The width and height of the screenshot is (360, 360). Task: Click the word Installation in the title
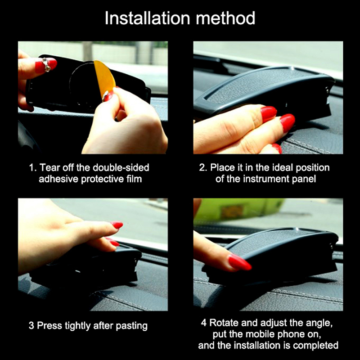[148, 18]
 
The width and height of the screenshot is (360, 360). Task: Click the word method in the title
[225, 18]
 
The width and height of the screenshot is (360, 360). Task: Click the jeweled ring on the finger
[47, 64]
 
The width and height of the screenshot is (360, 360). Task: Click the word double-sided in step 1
[121, 167]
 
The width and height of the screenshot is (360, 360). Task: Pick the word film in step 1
[134, 179]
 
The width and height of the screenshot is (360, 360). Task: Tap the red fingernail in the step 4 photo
[240, 262]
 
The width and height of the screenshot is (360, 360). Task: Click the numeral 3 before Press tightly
[31, 326]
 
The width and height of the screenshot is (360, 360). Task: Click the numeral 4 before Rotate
[204, 323]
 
